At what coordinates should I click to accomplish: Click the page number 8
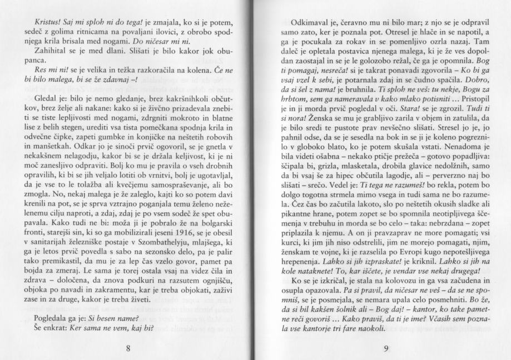click(128, 348)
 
